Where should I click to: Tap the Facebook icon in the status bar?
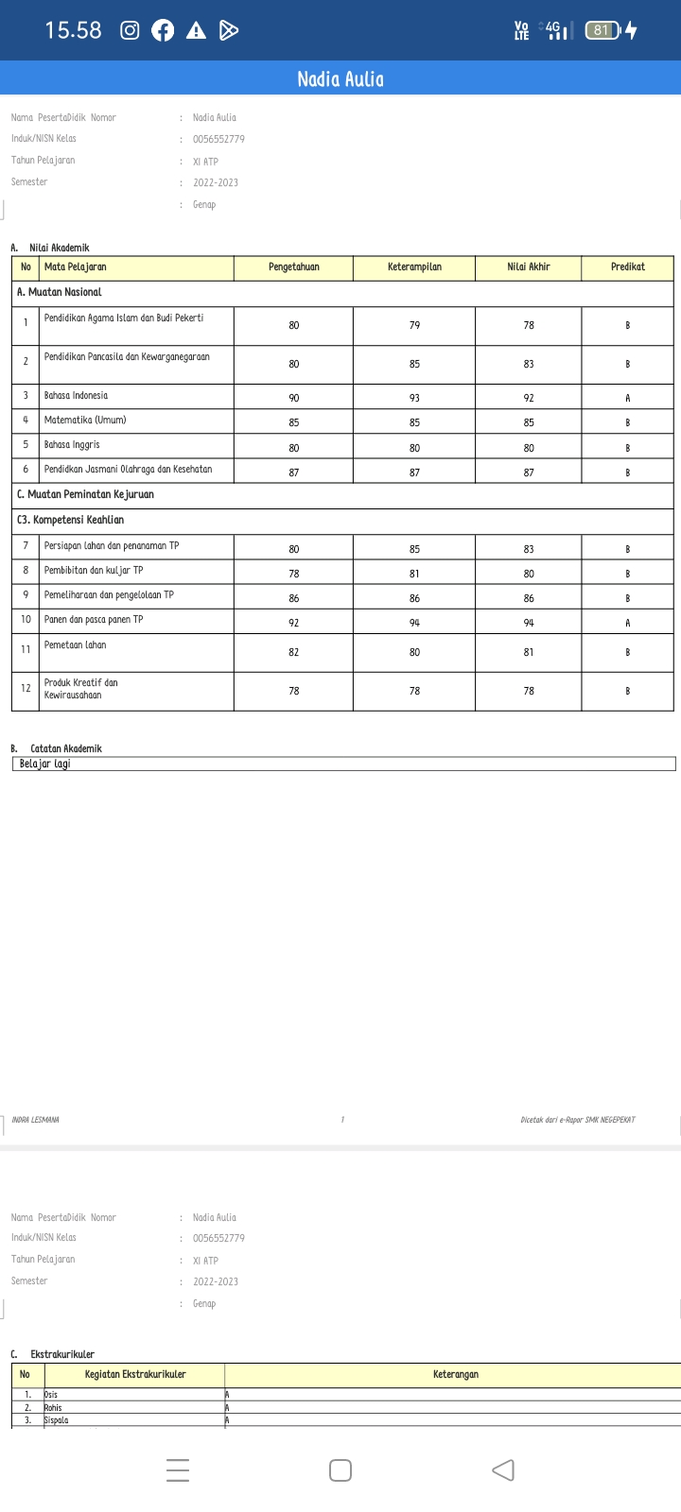click(x=163, y=30)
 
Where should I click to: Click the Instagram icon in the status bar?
click(x=131, y=30)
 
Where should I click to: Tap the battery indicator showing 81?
click(x=602, y=30)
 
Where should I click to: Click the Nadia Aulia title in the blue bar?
click(x=340, y=79)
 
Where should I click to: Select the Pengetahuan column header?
click(x=293, y=267)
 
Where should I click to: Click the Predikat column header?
click(x=627, y=267)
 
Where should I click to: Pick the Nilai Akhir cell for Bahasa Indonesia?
click(x=529, y=398)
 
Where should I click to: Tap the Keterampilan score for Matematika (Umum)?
click(x=414, y=422)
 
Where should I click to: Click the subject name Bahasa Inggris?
click(x=72, y=444)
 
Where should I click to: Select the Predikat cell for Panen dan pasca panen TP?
click(x=627, y=623)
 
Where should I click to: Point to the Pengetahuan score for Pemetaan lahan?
click(x=293, y=652)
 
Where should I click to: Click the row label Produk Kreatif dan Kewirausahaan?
click(x=81, y=689)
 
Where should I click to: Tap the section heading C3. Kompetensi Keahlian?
click(x=70, y=520)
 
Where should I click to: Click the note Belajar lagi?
click(x=44, y=764)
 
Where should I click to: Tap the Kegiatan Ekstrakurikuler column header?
click(x=135, y=1375)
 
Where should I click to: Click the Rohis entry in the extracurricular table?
click(x=53, y=1408)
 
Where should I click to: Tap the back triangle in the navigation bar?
click(x=503, y=1470)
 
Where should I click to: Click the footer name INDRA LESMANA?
click(x=36, y=1120)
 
